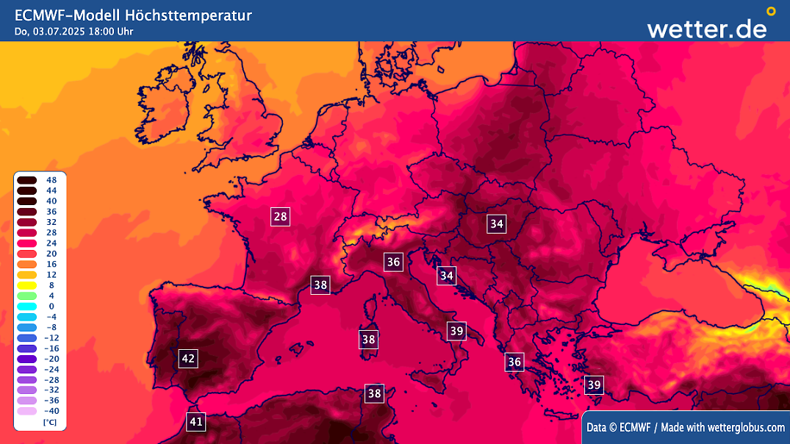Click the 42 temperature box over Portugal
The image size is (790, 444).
pyautogui.click(x=188, y=359)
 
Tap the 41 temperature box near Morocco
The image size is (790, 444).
pyautogui.click(x=195, y=422)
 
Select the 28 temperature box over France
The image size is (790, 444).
pyautogui.click(x=280, y=216)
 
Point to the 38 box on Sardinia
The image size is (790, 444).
pyautogui.click(x=369, y=340)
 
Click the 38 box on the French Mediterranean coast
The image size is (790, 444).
pyautogui.click(x=320, y=284)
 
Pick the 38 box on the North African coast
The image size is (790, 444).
pyautogui.click(x=375, y=393)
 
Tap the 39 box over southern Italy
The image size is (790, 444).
pyautogui.click(x=457, y=331)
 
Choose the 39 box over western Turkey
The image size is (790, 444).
pyautogui.click(x=594, y=384)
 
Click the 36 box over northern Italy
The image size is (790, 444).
pyautogui.click(x=394, y=262)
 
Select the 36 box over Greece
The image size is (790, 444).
pyautogui.click(x=514, y=362)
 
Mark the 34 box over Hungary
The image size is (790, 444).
pyautogui.click(x=497, y=223)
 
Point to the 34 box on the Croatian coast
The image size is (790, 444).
pyautogui.click(x=447, y=276)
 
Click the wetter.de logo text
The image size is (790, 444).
pyautogui.click(x=706, y=28)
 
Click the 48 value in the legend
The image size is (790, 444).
pyautogui.click(x=51, y=180)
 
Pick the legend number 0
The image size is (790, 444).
pyautogui.click(x=51, y=306)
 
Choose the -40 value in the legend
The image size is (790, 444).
pyautogui.click(x=51, y=411)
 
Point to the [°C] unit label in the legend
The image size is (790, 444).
pyautogui.click(x=50, y=423)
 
